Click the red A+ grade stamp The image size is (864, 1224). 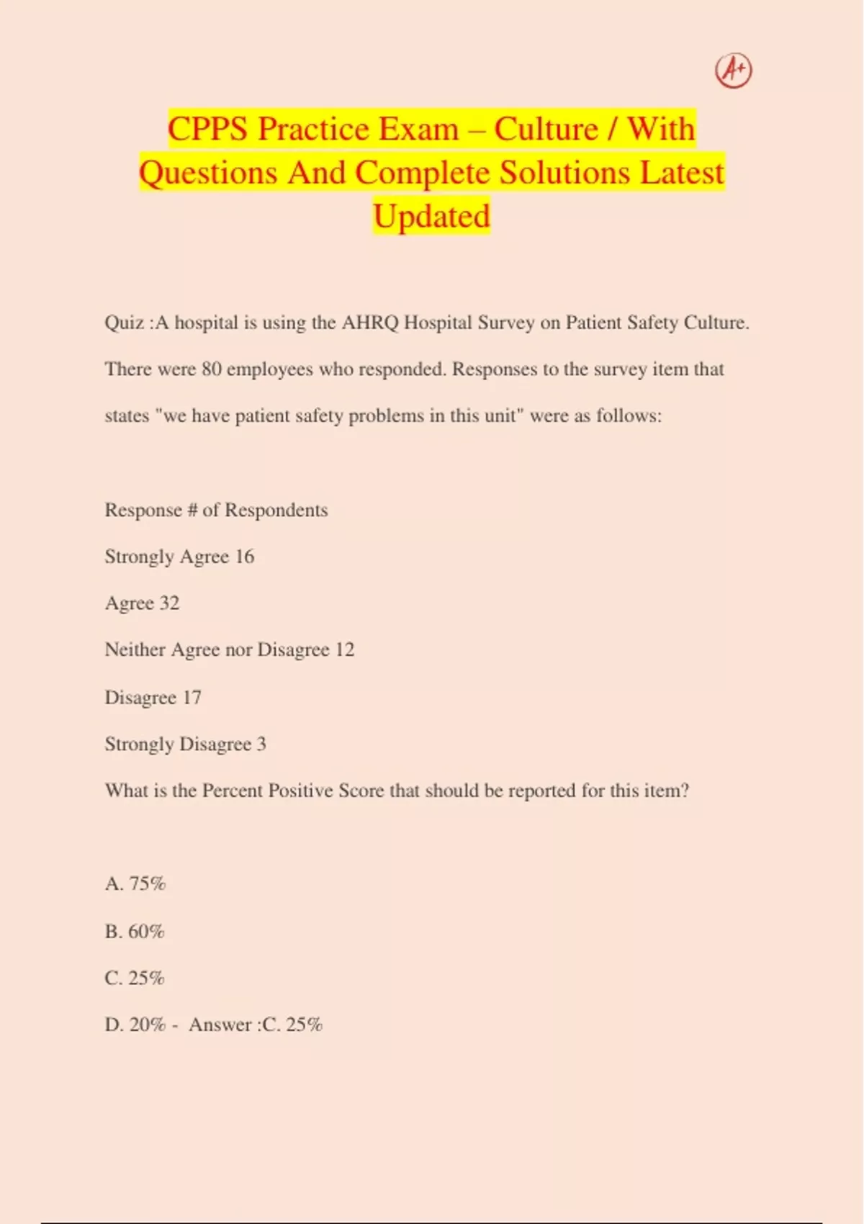733,71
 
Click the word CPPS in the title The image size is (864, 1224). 207,130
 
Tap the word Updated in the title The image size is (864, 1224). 431,217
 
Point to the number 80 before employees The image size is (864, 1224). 212,369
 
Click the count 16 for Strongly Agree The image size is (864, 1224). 245,557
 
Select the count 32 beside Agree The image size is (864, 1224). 169,603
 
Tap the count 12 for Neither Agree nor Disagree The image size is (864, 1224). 345,650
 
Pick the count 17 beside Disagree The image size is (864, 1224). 192,698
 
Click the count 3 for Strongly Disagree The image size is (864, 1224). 261,744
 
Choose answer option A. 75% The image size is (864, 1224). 135,884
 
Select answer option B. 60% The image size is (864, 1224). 135,932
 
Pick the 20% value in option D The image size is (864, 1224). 148,1025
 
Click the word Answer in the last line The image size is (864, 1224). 220,1025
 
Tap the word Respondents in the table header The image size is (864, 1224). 276,510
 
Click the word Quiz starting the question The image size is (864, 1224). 124,323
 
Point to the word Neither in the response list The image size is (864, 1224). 135,650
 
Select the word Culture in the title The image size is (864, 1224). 546,130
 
